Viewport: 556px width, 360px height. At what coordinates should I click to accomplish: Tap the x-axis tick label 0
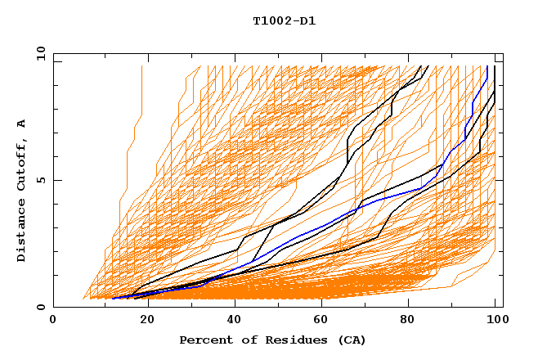coord(53,319)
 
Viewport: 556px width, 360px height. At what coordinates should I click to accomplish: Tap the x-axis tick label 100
coord(496,319)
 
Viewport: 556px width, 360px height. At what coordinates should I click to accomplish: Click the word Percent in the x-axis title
coord(204,340)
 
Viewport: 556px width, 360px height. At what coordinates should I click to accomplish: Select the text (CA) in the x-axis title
coord(351,340)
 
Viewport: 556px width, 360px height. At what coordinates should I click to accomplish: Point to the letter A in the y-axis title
coord(21,123)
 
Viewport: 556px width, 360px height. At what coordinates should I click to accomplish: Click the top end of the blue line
coord(487,66)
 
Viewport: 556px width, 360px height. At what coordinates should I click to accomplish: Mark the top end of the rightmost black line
coord(495,66)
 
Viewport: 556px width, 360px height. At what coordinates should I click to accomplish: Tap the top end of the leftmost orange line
coord(141,66)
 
